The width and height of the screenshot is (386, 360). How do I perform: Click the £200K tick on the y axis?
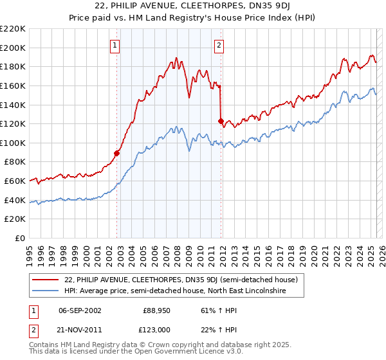[13, 48]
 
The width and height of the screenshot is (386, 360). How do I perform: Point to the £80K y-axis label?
[15, 162]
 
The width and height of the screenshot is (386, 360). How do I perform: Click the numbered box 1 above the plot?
[115, 45]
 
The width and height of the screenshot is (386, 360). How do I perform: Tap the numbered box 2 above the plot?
[219, 45]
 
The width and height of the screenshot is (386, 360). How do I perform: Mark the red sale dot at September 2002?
[117, 153]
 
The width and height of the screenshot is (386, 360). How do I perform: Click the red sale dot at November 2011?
[221, 120]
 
